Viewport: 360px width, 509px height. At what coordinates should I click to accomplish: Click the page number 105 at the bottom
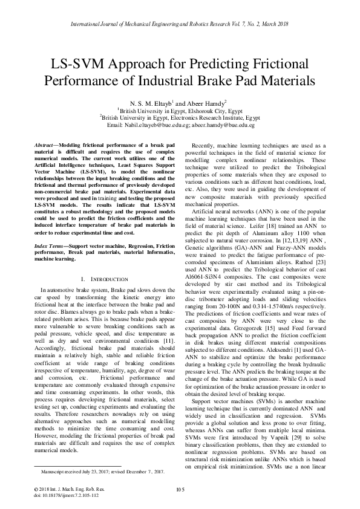pyautogui.click(x=179, y=488)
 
